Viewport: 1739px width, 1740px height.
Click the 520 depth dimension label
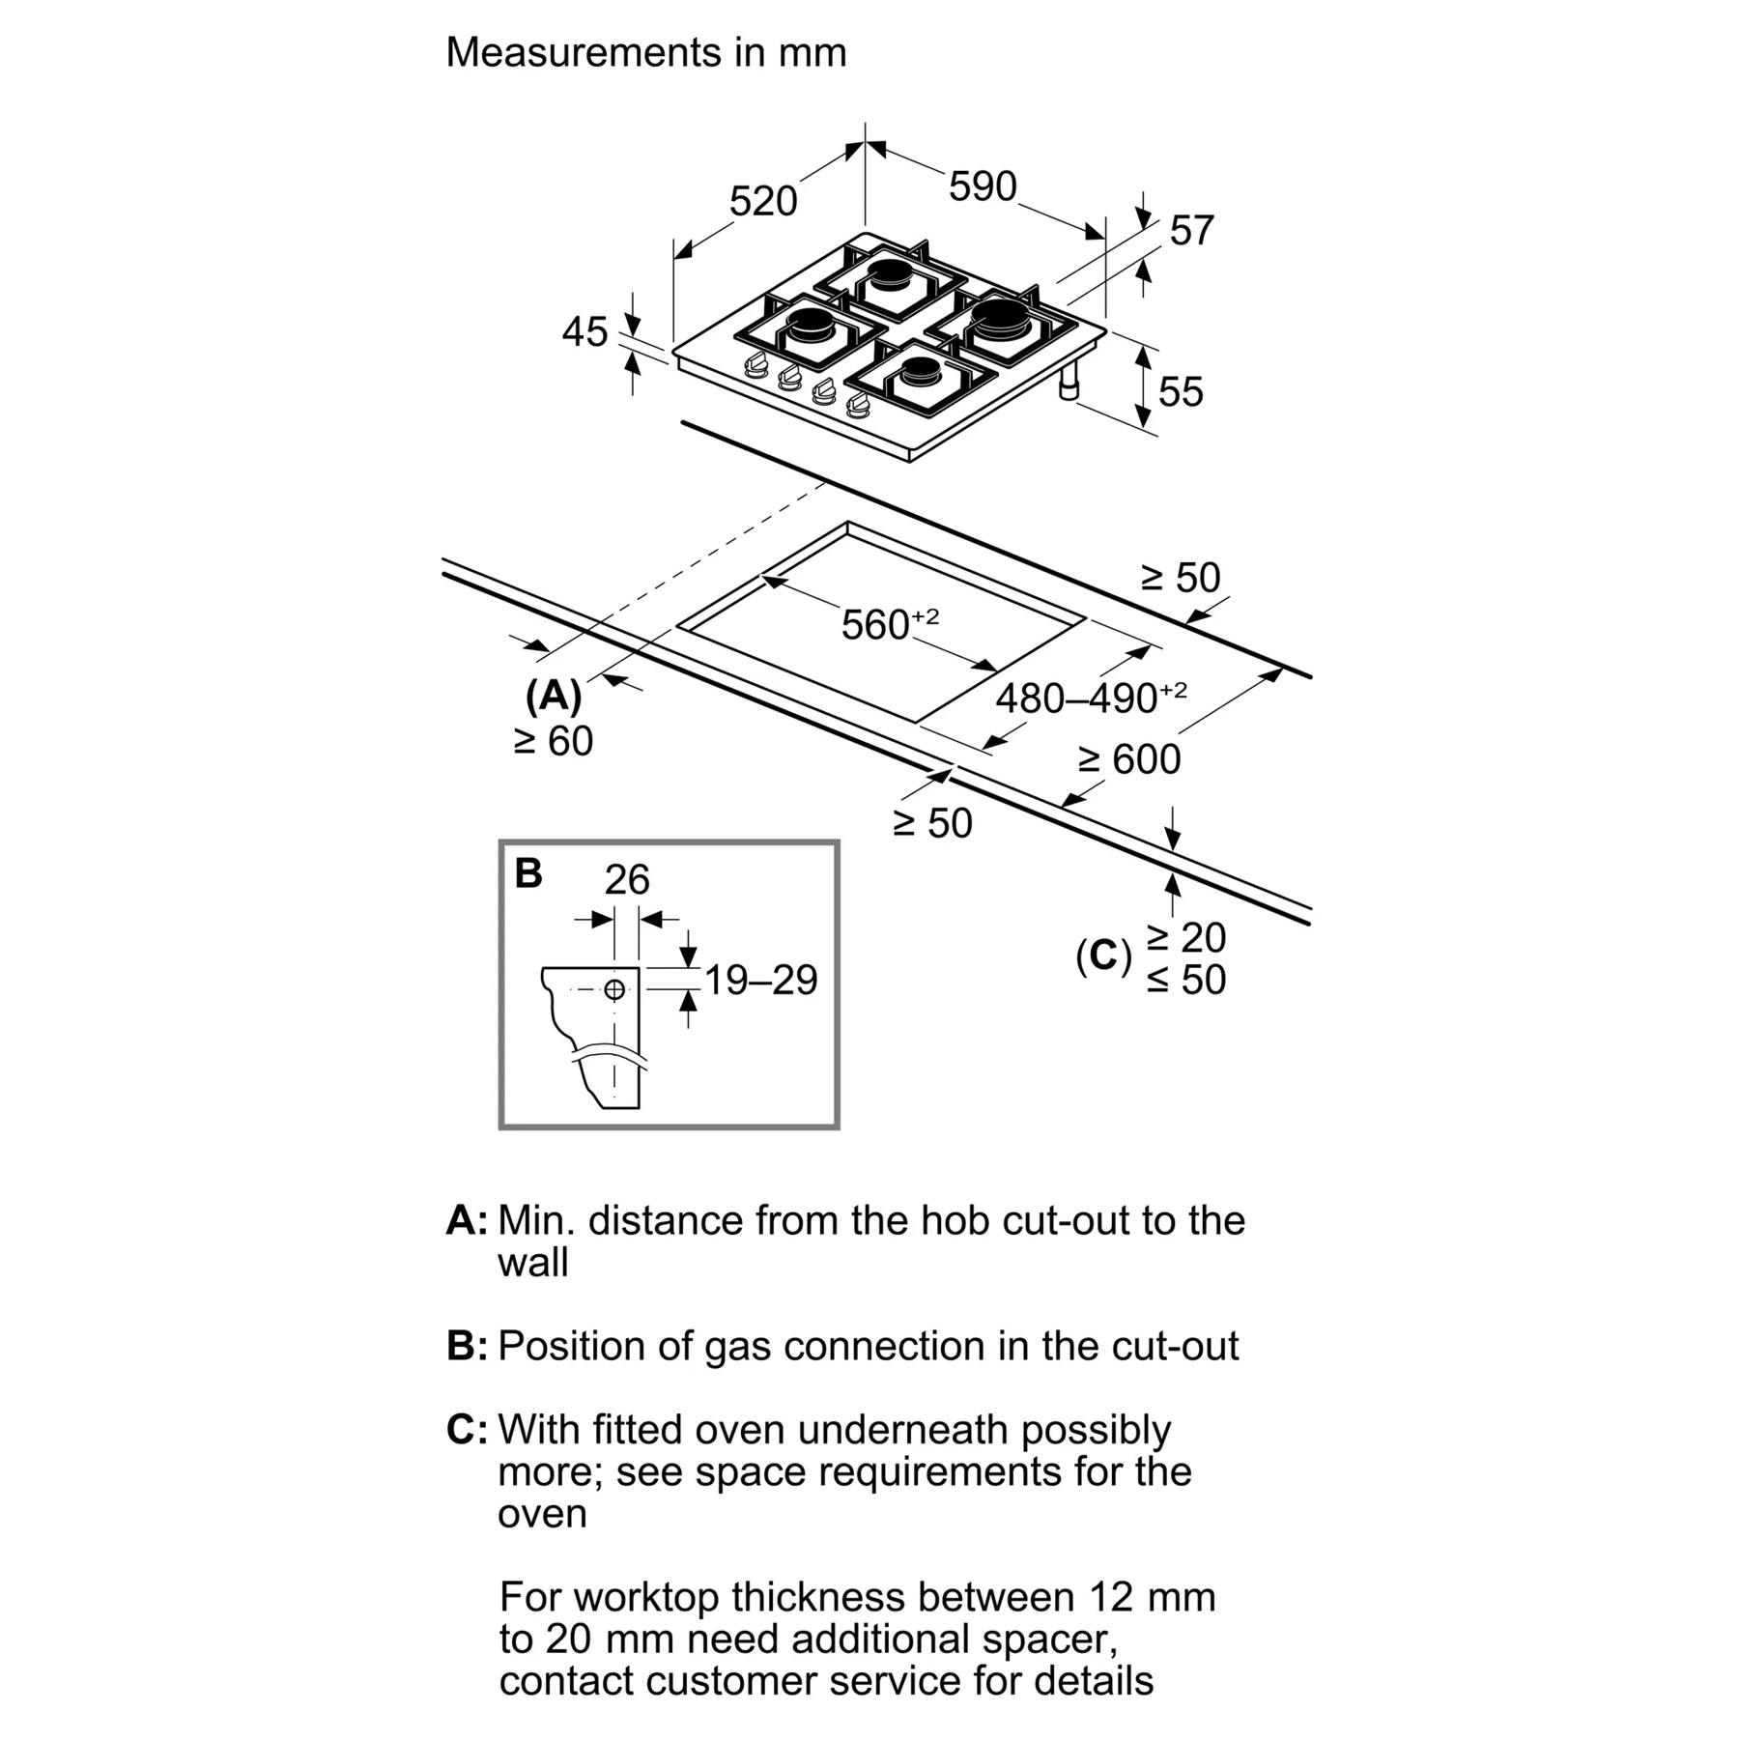tap(762, 201)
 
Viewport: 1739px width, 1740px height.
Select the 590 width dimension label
tap(983, 185)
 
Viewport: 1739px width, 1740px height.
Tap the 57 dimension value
tap(1191, 231)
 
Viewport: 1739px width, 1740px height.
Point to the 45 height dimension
tap(584, 332)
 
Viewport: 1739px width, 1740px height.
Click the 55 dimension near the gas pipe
tap(1180, 391)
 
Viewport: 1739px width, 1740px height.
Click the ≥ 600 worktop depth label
tap(1128, 759)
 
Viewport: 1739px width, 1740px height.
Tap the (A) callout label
tap(554, 695)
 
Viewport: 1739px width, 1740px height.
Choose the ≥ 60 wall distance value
tap(554, 741)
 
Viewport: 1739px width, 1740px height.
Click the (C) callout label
tap(1102, 956)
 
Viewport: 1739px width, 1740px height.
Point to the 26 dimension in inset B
tap(627, 879)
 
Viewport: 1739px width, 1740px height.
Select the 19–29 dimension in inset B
tap(760, 980)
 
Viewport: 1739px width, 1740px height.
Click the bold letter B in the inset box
tap(528, 873)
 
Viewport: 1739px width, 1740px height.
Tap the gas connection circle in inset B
tap(614, 988)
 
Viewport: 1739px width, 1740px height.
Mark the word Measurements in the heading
tap(584, 52)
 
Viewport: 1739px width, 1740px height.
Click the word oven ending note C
tap(542, 1513)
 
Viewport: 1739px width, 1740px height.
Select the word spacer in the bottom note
tap(1047, 1639)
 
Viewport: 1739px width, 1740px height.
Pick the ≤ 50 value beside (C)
tap(1186, 980)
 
